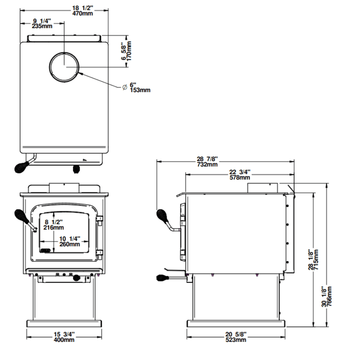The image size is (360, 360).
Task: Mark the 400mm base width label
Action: [x=64, y=340]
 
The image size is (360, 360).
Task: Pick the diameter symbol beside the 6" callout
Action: [x=124, y=87]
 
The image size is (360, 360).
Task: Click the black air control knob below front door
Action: [x=77, y=278]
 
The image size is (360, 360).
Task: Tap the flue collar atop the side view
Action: [x=263, y=187]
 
